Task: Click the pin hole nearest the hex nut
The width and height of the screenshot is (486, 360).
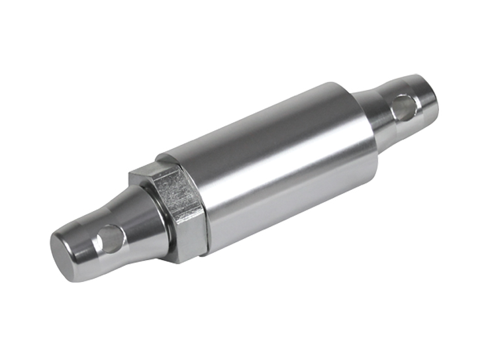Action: point(109,239)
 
